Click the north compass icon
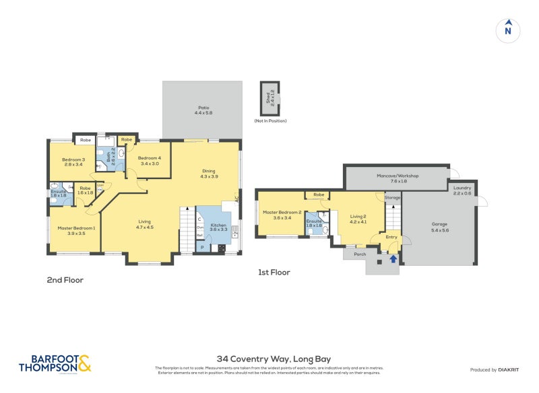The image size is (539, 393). (508, 30)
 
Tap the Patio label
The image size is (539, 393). (203, 110)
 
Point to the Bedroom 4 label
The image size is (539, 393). (150, 161)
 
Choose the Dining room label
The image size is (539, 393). (209, 173)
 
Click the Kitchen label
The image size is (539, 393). (218, 227)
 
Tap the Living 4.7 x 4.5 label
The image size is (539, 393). (145, 224)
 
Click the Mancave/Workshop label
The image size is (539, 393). (398, 178)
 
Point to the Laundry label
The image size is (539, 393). (462, 190)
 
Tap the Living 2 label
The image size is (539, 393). (358, 218)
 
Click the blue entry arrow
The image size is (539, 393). (393, 258)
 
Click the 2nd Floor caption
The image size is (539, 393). (65, 280)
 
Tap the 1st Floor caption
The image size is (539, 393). (274, 273)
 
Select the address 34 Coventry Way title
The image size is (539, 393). (274, 359)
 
